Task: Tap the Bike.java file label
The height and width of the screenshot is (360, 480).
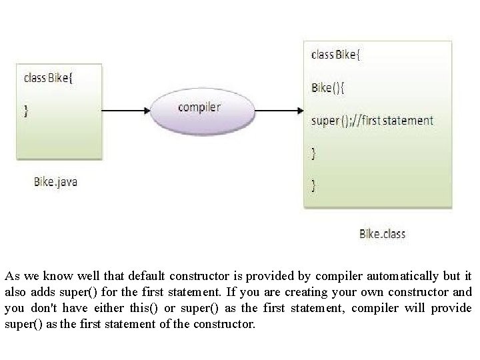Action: click(55, 181)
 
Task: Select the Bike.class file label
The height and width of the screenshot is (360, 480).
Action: click(382, 233)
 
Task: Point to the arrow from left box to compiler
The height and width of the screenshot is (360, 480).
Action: click(127, 109)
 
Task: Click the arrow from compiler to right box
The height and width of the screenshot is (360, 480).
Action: click(278, 109)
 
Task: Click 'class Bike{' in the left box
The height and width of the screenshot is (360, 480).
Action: click(50, 77)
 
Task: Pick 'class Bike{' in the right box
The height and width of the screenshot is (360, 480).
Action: click(336, 55)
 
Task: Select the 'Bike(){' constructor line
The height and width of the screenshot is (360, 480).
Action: click(328, 87)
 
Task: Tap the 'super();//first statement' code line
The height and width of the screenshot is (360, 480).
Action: click(372, 121)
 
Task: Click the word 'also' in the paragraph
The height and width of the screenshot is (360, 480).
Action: click(16, 292)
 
